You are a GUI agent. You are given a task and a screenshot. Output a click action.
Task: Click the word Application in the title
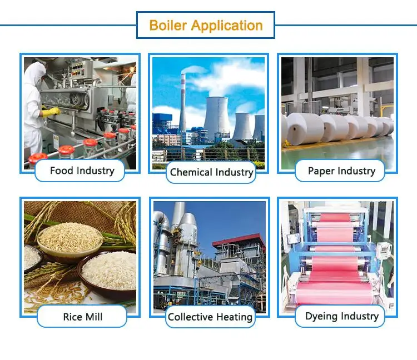[226, 26]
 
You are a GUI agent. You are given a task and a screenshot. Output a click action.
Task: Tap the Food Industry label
[82, 171]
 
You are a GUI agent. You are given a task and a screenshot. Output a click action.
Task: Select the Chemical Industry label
[211, 172]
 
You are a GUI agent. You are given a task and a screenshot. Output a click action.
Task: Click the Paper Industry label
[341, 171]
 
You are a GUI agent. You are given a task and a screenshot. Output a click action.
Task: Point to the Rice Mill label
[83, 317]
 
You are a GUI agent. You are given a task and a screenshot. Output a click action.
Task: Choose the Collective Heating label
[210, 317]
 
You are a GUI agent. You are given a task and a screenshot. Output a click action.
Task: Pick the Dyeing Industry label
[341, 317]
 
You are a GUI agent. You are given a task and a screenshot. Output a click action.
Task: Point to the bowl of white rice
[108, 269]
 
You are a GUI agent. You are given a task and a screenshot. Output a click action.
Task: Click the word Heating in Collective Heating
[234, 317]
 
